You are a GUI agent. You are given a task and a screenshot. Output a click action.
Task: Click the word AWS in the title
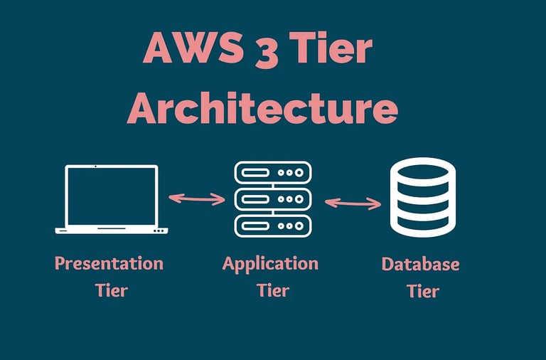click(x=193, y=48)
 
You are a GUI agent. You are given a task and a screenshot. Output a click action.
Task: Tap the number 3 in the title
click(x=267, y=50)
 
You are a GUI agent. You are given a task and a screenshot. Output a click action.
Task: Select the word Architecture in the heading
click(x=262, y=107)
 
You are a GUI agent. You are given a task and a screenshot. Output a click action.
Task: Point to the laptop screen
click(x=112, y=196)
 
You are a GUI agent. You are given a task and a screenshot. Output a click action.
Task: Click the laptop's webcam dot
click(x=95, y=166)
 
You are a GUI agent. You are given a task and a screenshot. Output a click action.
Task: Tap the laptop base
click(x=112, y=231)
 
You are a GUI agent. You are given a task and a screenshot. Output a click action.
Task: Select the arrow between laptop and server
click(x=197, y=198)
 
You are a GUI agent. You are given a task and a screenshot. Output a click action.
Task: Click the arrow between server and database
click(x=353, y=203)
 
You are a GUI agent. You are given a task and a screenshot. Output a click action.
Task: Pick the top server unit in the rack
click(x=273, y=172)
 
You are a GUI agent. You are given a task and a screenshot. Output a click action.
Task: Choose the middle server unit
click(x=273, y=199)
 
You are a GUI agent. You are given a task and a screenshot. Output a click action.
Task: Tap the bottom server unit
click(x=273, y=226)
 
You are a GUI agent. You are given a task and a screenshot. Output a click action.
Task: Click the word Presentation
click(x=109, y=263)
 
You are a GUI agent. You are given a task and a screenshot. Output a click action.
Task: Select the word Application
click(x=270, y=265)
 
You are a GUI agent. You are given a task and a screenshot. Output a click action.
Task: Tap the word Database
click(x=421, y=264)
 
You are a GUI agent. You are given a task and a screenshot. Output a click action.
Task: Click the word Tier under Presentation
click(x=112, y=290)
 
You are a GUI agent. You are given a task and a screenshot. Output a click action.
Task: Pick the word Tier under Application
click(x=273, y=290)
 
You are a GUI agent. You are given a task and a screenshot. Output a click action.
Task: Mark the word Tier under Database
click(x=423, y=291)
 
